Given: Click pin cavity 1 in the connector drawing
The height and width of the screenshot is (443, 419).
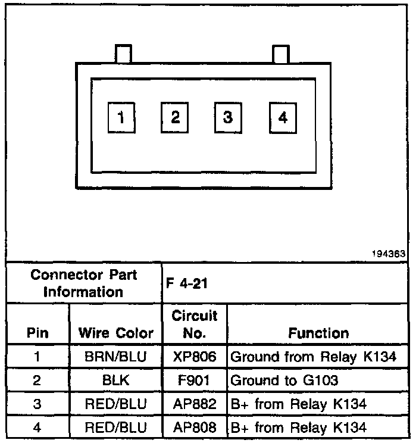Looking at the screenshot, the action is (x=121, y=117).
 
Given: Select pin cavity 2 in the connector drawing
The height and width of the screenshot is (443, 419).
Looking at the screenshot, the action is (x=175, y=117).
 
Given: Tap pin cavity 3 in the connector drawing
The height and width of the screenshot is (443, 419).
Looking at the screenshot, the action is (x=228, y=117).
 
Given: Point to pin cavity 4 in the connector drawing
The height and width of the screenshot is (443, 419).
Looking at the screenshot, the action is (x=282, y=117).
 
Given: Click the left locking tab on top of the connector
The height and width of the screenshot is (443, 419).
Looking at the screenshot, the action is (x=123, y=54).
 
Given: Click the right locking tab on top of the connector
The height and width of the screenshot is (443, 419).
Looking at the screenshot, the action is (x=280, y=54).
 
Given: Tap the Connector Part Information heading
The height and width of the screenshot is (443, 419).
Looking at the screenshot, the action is (x=83, y=283).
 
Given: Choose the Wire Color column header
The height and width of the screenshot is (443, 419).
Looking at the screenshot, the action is (x=116, y=333).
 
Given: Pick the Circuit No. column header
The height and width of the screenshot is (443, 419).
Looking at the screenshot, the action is (x=195, y=324).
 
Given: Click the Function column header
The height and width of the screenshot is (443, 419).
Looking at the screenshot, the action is (x=318, y=333).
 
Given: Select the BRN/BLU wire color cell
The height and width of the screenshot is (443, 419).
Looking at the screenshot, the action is (x=116, y=357).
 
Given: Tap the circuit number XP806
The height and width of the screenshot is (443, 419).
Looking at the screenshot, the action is (x=195, y=357).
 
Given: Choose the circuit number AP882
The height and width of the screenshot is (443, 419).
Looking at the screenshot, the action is (x=195, y=404).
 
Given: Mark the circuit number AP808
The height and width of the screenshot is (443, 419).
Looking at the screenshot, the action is (x=195, y=427).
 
